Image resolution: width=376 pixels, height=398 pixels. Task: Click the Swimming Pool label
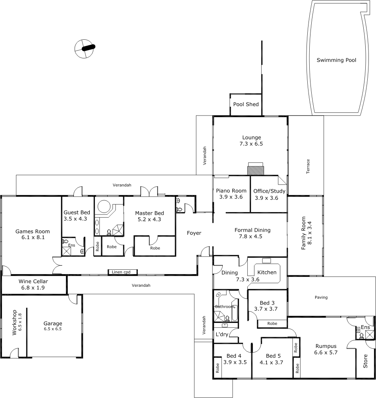tap(336, 60)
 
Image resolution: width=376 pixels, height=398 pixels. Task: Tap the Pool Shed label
tap(246, 104)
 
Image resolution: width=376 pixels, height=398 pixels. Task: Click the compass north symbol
tap(85, 48)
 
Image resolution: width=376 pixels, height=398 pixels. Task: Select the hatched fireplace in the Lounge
tap(255, 170)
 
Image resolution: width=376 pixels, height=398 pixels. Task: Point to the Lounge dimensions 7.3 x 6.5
tap(251, 144)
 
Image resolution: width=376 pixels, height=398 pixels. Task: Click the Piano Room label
tap(231, 191)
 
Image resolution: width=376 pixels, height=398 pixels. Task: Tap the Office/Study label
tap(269, 191)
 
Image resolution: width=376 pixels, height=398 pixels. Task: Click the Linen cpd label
tap(121, 272)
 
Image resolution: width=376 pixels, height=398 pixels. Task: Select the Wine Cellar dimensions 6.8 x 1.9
tap(33, 288)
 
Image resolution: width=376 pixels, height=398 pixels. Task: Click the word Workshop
tap(14, 323)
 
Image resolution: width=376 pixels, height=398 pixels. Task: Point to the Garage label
tap(53, 323)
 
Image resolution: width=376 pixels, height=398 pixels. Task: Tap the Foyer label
tap(194, 233)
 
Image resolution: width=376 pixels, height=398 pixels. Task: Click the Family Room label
tap(303, 233)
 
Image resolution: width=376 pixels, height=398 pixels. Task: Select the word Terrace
tap(308, 166)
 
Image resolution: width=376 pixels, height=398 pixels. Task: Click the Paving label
tap(321, 297)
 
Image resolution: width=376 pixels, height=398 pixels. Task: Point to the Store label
tap(365, 361)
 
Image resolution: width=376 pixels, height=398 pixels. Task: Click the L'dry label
tap(222, 334)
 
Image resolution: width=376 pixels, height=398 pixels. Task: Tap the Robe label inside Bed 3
tap(272, 323)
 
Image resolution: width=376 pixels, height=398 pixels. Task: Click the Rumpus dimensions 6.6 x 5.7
tap(326, 352)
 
